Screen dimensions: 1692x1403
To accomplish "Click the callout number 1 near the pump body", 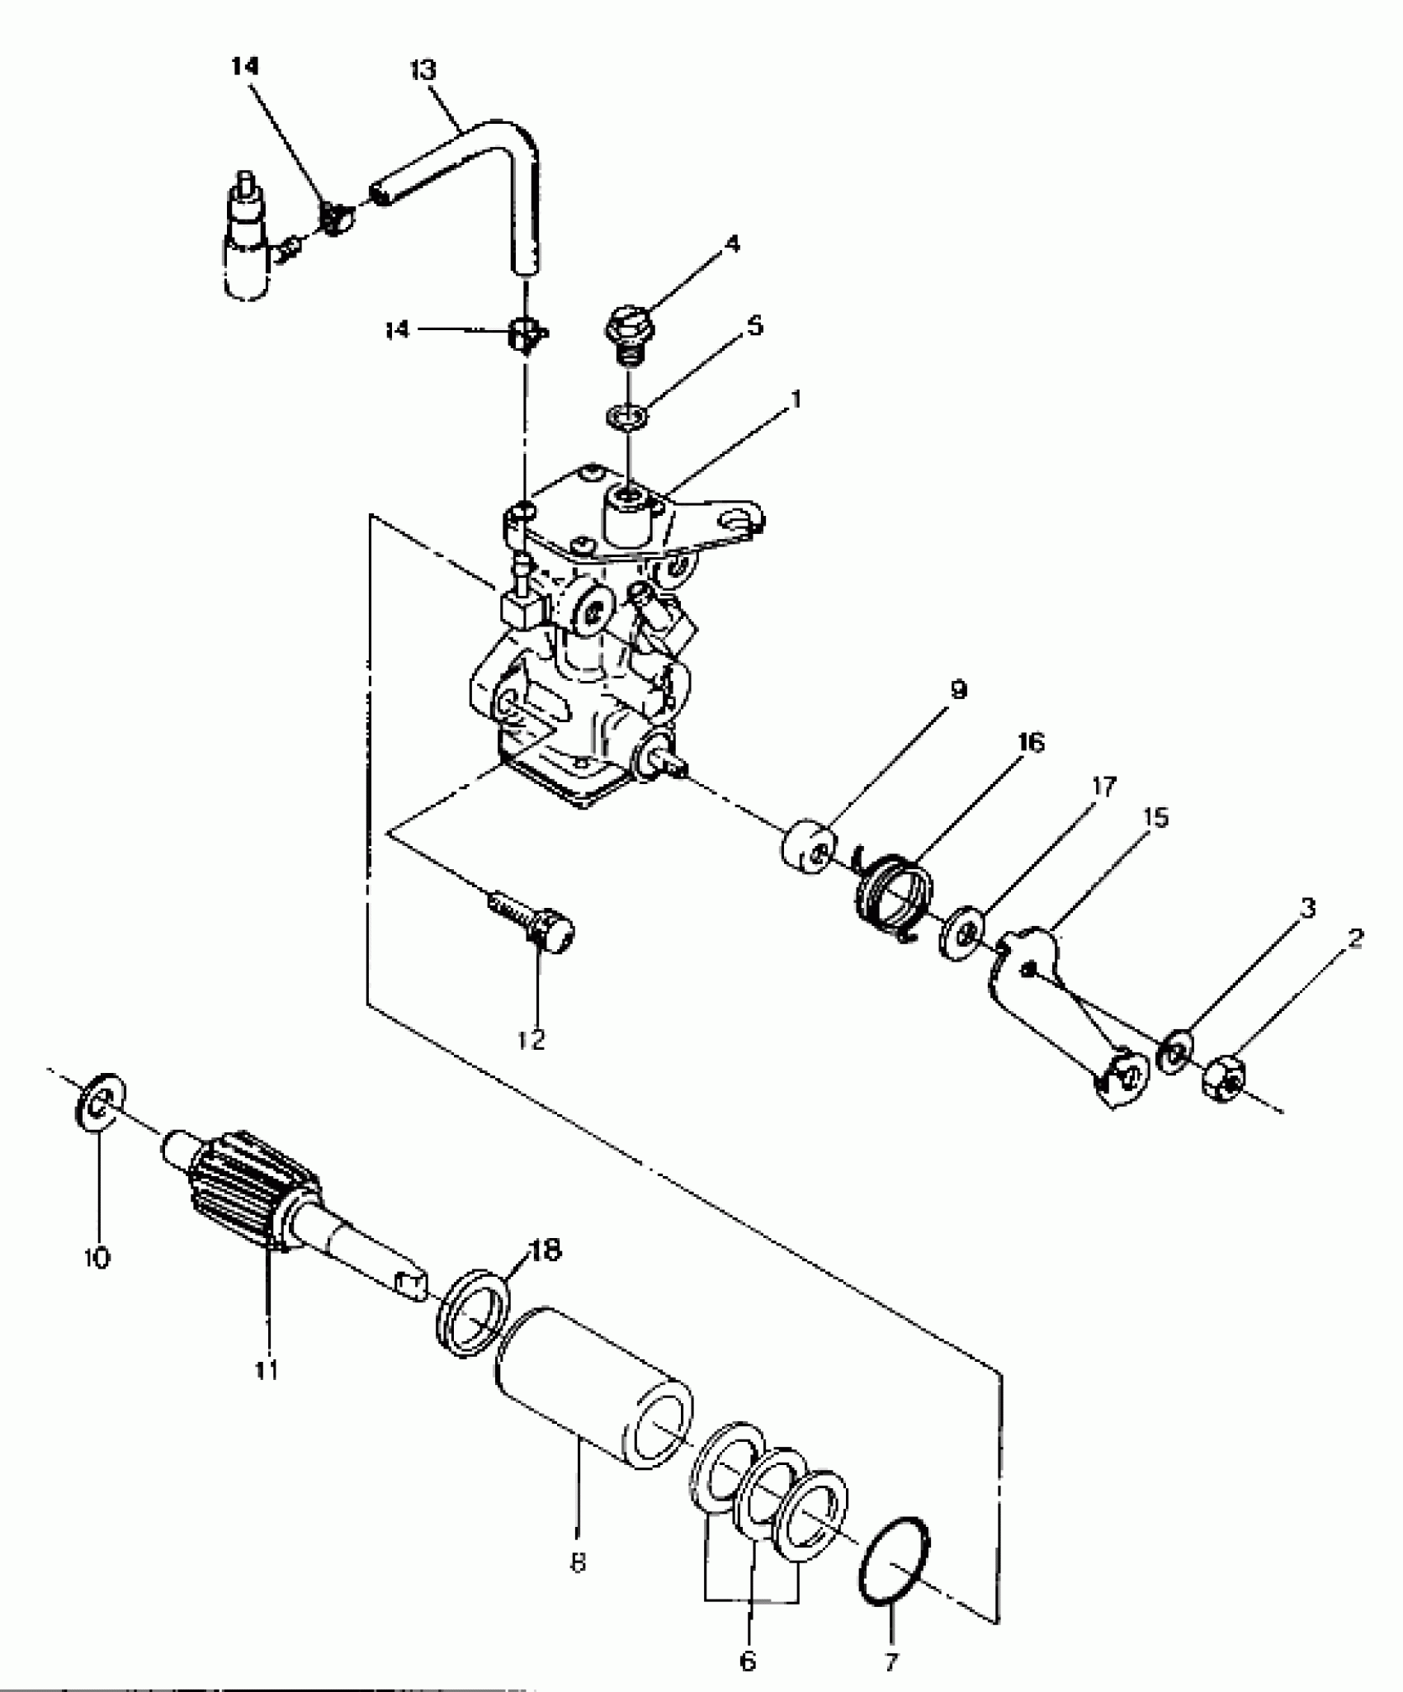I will tap(796, 399).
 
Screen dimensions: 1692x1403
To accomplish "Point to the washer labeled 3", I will tap(1174, 1051).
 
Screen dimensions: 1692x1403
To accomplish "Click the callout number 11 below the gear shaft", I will tap(266, 1370).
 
